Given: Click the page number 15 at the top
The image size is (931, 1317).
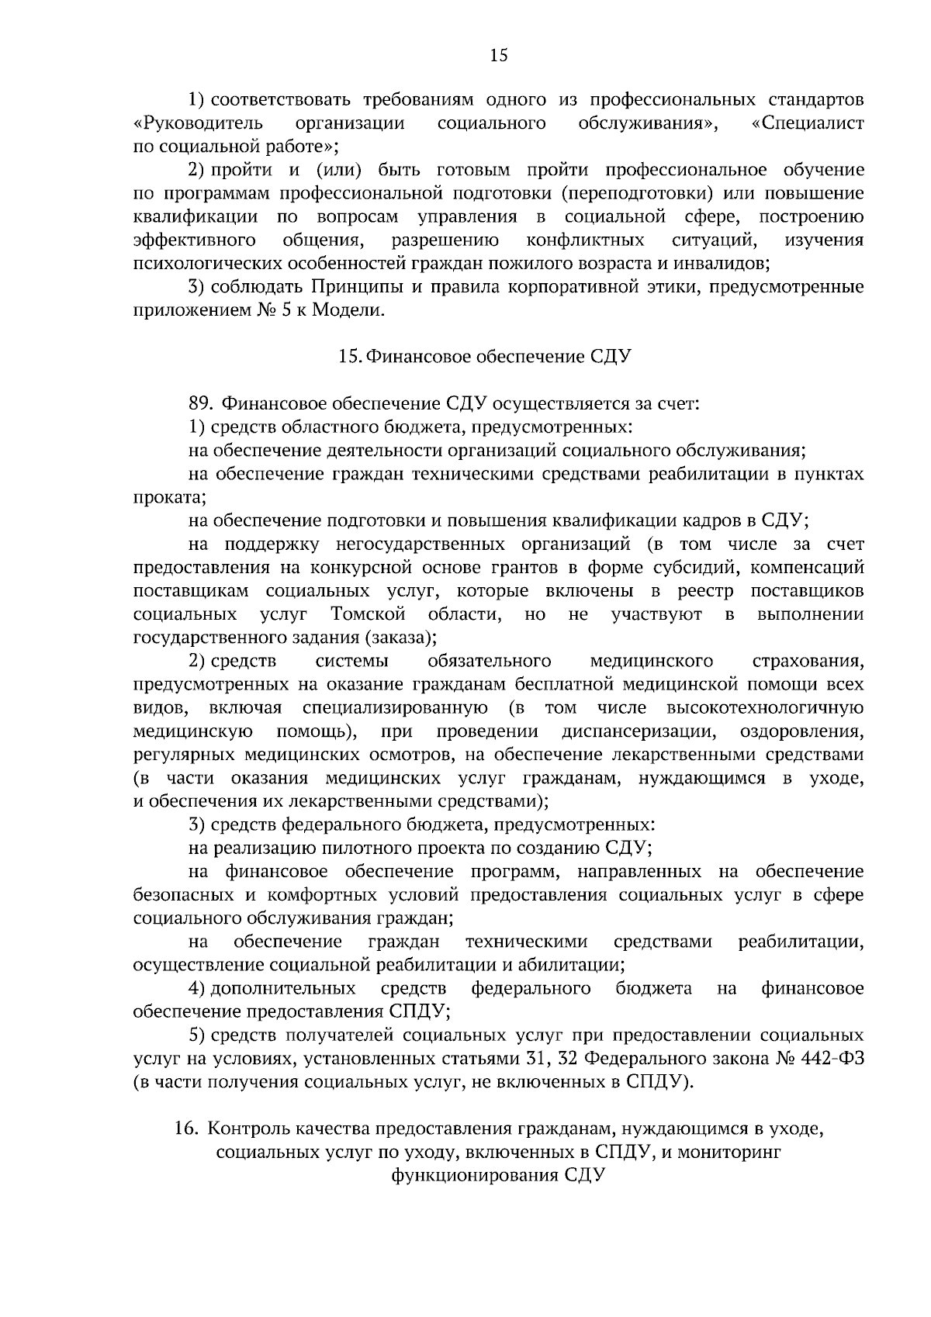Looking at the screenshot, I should click(x=498, y=54).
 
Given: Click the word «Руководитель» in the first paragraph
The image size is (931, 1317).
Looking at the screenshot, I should click(x=199, y=123).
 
